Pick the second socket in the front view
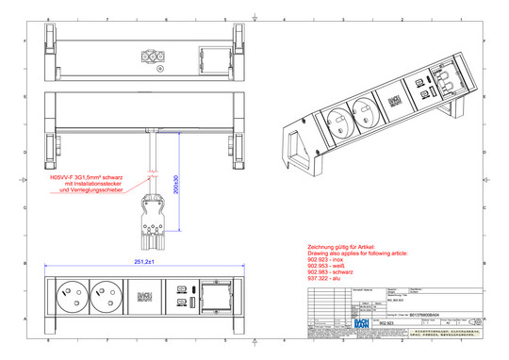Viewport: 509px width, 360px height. tap(106, 299)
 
